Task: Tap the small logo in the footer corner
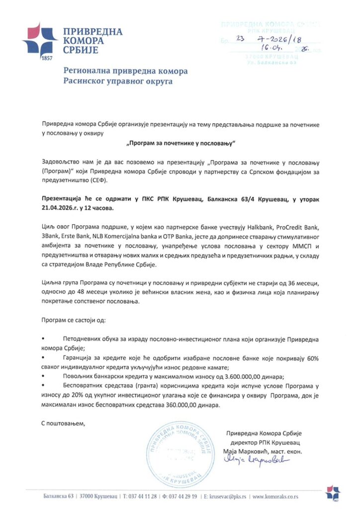[x=333, y=493]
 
